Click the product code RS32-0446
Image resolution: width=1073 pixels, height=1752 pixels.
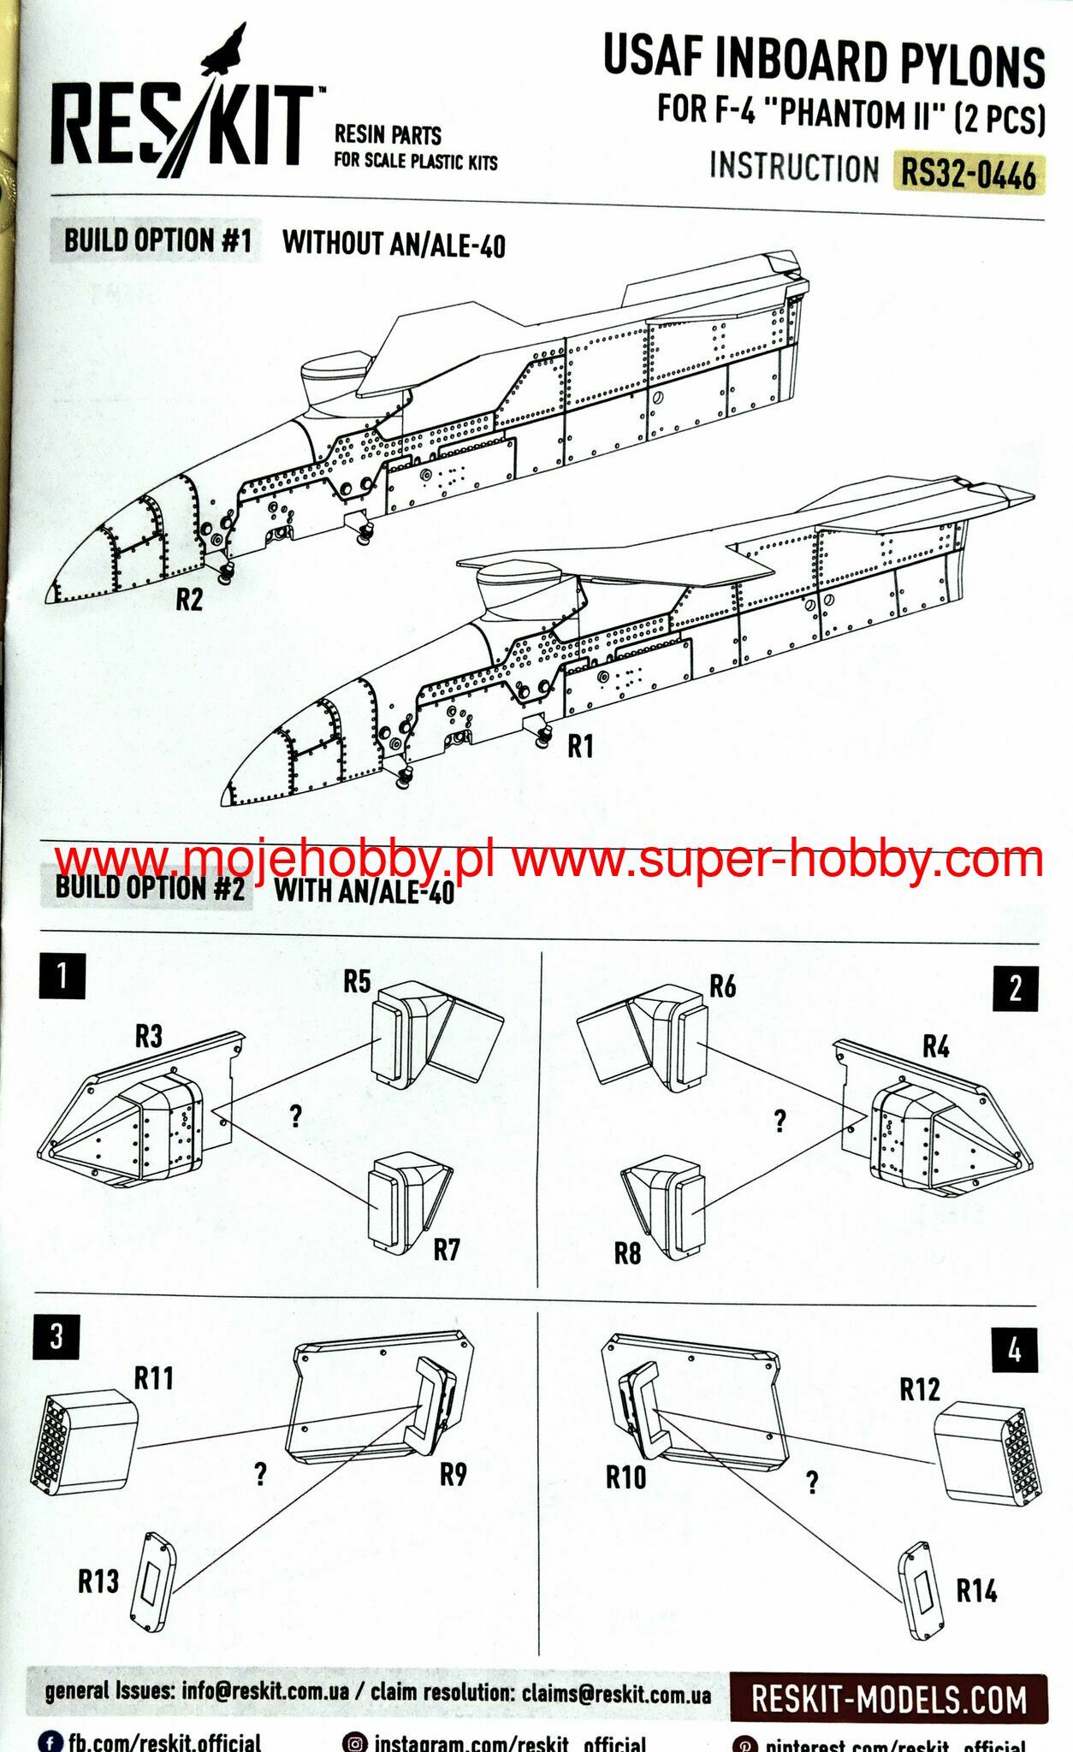coord(968,174)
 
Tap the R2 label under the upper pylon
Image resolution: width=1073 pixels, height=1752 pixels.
coord(189,600)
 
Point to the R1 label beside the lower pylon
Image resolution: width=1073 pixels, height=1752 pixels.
coord(580,746)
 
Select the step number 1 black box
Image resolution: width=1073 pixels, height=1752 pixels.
coord(62,975)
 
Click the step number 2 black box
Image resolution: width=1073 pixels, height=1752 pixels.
coord(1015,989)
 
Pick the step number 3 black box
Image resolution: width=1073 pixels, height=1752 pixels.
coord(56,1336)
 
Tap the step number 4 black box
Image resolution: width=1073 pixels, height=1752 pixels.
coord(1014,1350)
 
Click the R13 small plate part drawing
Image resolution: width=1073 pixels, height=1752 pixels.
coord(153,1581)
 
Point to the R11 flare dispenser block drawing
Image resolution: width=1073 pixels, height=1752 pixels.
coord(84,1441)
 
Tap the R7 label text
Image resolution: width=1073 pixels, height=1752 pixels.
coord(446,1250)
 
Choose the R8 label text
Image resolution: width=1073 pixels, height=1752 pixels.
coord(627,1253)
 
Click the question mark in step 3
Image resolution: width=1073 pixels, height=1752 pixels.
coord(260,1473)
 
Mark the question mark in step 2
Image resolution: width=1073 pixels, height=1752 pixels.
coord(780,1121)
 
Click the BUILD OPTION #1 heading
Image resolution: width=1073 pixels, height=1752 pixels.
coord(157,241)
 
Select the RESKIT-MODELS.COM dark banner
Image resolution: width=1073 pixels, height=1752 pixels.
coord(888,1699)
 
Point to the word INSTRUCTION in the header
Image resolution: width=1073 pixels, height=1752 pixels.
coord(794,167)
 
